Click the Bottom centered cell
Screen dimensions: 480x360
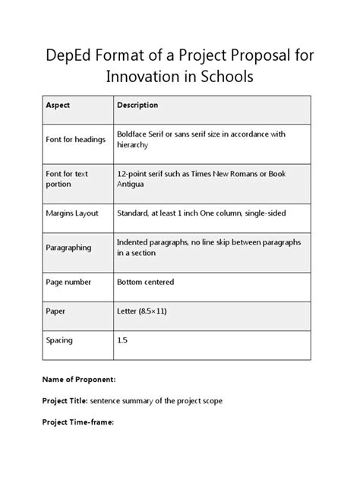(145, 282)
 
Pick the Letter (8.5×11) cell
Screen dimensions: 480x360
(144, 311)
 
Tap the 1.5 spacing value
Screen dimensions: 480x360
(122, 340)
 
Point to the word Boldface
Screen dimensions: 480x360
(134, 134)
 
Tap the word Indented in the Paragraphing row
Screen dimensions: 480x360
(134, 242)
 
